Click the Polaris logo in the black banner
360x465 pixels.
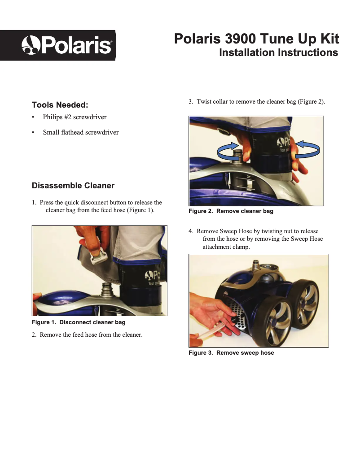coord(67,45)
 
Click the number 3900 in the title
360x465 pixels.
coord(243,39)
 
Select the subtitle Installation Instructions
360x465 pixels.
coord(278,53)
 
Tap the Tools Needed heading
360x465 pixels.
coord(60,105)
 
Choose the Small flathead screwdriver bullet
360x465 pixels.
coord(80,132)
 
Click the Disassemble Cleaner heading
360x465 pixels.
coord(73,186)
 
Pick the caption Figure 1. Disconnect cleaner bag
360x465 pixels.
coord(78,322)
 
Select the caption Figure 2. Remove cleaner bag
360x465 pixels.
coord(231,211)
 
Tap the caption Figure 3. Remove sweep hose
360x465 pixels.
coord(231,353)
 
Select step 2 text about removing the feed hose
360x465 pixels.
coord(91,335)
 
